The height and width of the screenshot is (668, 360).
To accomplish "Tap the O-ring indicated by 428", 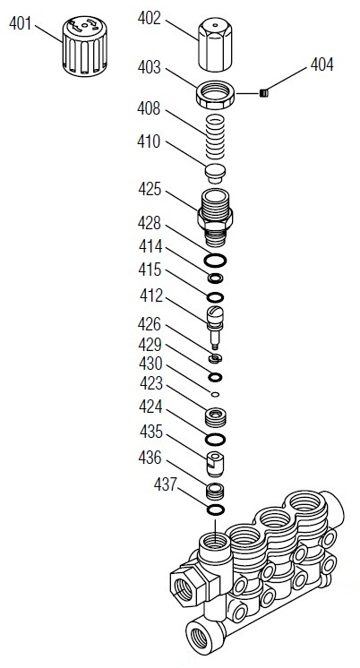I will (215, 261).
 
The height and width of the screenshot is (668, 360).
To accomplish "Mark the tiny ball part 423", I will (215, 392).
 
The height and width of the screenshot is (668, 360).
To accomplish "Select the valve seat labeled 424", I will (215, 416).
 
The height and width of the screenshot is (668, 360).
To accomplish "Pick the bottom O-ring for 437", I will (215, 510).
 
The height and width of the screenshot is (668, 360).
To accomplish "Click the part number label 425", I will (150, 190).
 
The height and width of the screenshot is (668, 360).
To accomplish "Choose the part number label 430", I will (150, 364).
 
